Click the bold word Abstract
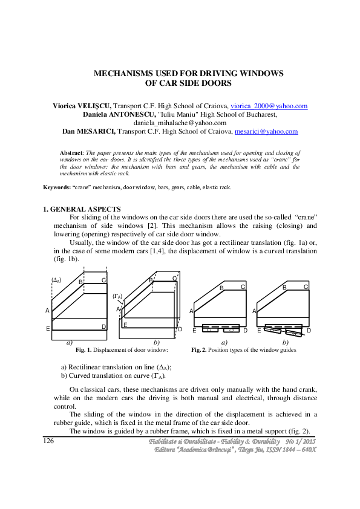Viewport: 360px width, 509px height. point(71,154)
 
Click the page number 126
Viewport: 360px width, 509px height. point(49,441)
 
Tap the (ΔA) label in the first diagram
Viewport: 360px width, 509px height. point(57,280)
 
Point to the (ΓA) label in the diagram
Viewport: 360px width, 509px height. point(118,296)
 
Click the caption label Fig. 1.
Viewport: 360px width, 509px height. point(83,350)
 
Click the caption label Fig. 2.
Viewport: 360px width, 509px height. point(200,350)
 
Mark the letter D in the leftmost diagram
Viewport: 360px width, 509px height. point(104,327)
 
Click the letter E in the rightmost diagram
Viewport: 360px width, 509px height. point(259,331)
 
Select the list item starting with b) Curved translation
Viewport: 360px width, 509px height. point(113,375)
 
